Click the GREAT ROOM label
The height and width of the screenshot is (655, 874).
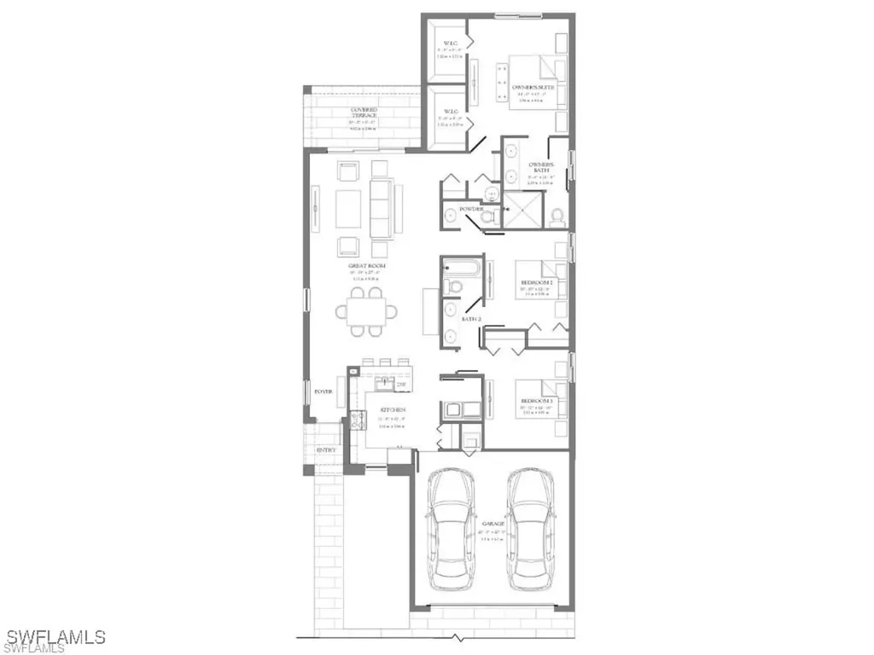pos(368,266)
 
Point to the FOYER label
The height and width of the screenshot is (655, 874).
pos(323,391)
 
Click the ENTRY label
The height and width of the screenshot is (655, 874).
pos(325,450)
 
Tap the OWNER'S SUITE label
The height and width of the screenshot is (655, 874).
pos(533,87)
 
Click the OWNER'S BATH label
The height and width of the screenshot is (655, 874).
pos(541,167)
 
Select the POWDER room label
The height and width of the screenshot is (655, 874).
pos(471,209)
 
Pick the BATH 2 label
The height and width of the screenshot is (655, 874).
pos(472,318)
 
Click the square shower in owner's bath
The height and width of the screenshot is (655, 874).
pos(522,210)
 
